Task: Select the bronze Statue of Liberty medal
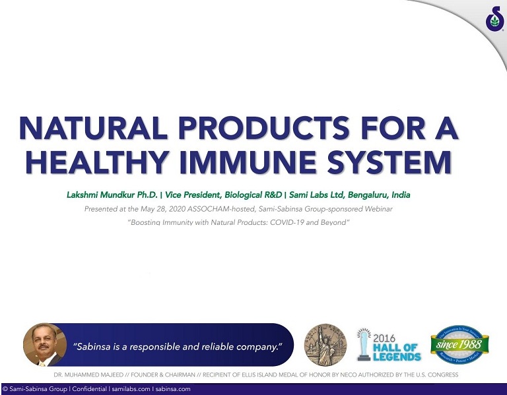click(x=325, y=345)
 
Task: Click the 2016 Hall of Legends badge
click(x=390, y=345)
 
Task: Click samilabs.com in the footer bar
click(x=130, y=389)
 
